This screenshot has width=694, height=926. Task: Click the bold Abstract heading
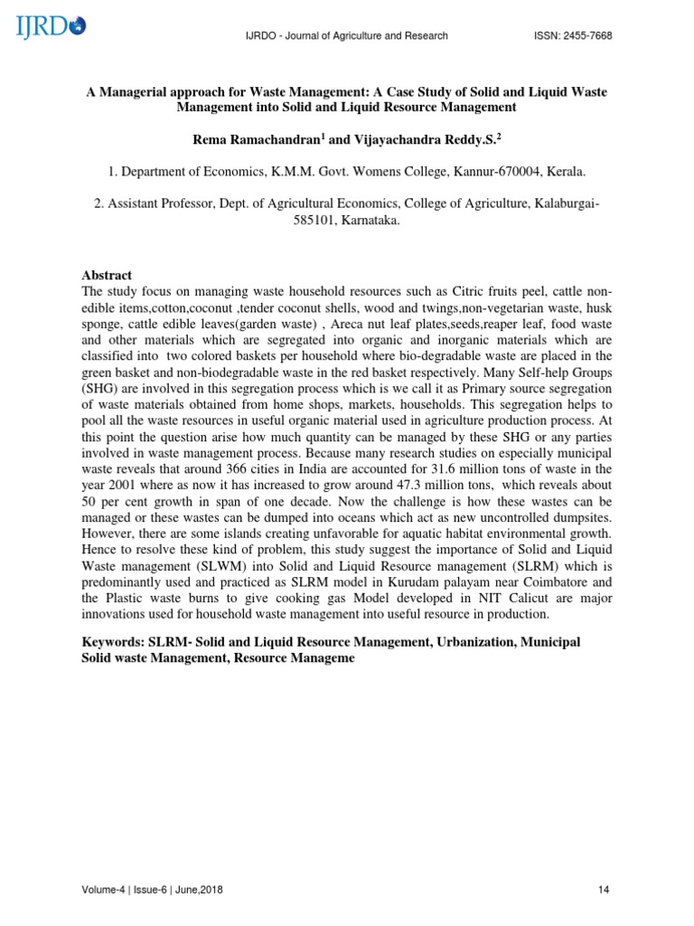click(107, 275)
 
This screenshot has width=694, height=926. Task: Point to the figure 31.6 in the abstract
click(464, 470)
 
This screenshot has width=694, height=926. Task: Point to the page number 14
click(605, 890)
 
